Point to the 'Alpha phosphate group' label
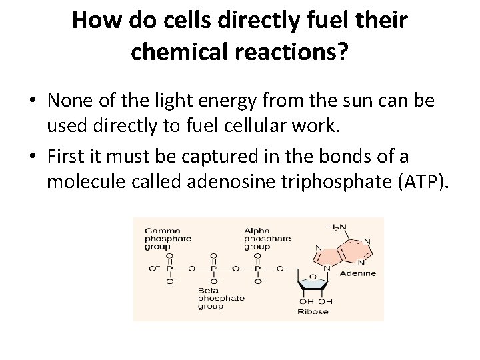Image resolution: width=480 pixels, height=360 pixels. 267,237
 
